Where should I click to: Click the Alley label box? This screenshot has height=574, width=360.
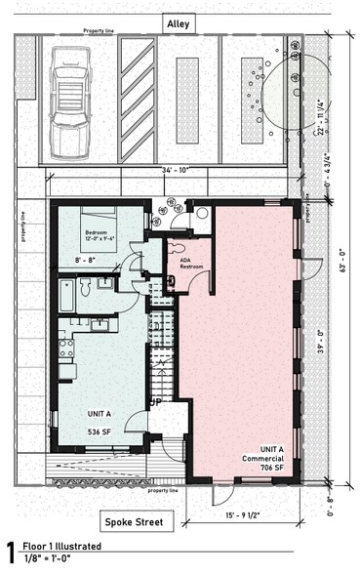(x=180, y=21)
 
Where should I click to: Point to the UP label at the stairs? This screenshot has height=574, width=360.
(x=155, y=400)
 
